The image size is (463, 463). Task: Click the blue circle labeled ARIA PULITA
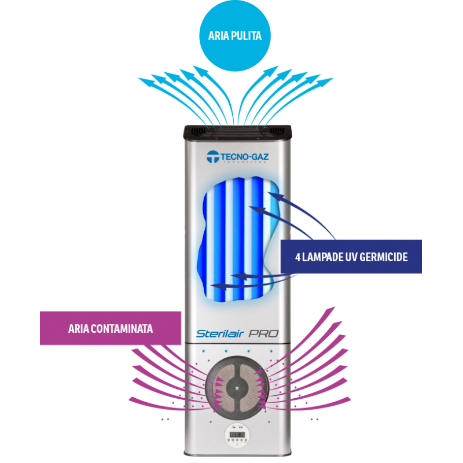click(x=234, y=36)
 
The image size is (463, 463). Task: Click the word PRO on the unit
click(x=263, y=333)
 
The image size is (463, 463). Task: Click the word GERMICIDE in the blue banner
click(x=382, y=256)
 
